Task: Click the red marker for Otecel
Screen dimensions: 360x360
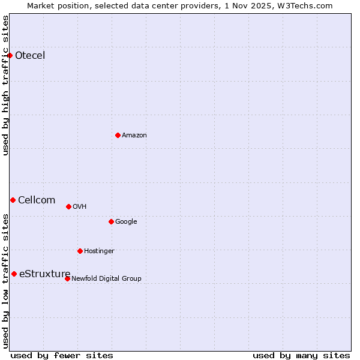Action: [x=10, y=56]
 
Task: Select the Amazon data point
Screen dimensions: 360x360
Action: [x=118, y=135]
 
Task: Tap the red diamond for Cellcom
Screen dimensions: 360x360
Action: [x=13, y=200]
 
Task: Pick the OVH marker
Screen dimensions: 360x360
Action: [x=68, y=206]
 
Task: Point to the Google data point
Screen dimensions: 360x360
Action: [x=111, y=221]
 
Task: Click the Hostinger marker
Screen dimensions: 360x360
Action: [x=80, y=251]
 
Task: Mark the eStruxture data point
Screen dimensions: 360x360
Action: [x=14, y=274]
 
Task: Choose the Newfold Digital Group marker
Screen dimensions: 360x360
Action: [x=67, y=278]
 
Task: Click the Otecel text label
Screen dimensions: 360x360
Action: [x=30, y=56]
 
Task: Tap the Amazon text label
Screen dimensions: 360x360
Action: [x=134, y=135]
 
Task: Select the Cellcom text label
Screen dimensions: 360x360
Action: [x=37, y=200]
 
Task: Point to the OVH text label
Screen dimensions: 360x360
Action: [x=80, y=206]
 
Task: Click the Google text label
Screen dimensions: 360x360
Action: [x=126, y=221]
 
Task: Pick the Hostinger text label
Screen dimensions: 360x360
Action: [x=99, y=251]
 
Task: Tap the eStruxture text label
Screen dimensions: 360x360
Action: [x=44, y=274]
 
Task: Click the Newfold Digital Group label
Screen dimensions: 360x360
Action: [x=106, y=278]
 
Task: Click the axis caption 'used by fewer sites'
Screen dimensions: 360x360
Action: [x=62, y=355]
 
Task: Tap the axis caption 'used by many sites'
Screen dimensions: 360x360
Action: [x=301, y=355]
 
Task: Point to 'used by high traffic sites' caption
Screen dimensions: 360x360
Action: [x=5, y=85]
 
